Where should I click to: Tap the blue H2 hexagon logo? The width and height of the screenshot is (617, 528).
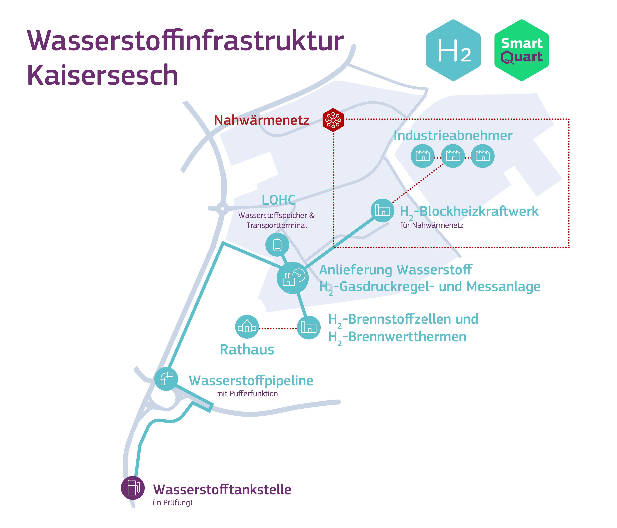(453, 50)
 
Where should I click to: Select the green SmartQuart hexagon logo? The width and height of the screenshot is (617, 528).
(521, 50)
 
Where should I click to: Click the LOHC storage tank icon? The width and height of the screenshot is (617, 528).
(277, 245)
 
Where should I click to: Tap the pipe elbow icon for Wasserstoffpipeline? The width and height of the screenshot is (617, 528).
(166, 379)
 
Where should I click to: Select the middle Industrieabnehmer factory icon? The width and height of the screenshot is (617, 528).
(453, 156)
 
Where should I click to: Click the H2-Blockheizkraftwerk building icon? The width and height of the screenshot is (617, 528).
(382, 210)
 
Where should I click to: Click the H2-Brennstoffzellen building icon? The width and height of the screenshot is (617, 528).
(309, 327)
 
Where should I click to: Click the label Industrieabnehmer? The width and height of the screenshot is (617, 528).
(453, 136)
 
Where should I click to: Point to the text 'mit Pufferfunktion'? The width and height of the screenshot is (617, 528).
(247, 394)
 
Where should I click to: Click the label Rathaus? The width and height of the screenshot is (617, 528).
(247, 350)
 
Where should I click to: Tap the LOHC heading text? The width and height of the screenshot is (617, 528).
(279, 200)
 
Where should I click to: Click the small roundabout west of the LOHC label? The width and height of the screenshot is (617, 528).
(222, 209)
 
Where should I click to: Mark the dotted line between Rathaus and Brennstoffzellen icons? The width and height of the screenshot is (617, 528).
(278, 328)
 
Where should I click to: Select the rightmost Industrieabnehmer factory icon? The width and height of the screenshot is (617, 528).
(483, 156)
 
